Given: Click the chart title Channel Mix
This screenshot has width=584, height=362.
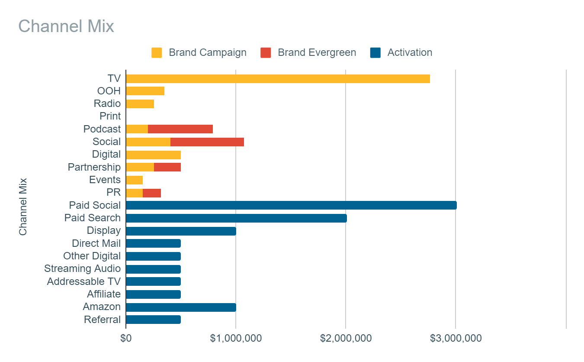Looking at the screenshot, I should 66,26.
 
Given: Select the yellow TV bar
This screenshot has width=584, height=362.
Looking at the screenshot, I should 278,78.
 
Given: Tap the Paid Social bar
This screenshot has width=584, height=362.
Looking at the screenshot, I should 291,205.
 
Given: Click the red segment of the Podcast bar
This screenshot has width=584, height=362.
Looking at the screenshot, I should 180,129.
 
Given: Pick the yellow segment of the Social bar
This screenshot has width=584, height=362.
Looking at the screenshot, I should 148,142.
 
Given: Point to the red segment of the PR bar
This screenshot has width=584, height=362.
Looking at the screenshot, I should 152,193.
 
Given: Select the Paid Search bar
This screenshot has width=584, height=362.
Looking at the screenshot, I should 236,218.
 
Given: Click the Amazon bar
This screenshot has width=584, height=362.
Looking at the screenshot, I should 181,307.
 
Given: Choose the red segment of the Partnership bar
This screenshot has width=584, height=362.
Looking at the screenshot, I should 167,167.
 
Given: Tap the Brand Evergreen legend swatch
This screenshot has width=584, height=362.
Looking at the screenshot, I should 266,53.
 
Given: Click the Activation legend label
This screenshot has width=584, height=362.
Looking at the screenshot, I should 410,52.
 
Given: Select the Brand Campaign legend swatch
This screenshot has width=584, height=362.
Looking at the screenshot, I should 157,53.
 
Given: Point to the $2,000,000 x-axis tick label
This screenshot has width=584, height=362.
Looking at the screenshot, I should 346,338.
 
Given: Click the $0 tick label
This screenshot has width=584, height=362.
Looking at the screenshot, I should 126,338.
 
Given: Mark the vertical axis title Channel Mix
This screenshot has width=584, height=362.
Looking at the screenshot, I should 23,207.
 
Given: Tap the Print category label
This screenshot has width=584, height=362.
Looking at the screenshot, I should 110,116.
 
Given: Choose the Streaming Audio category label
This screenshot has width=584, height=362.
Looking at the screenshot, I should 82,268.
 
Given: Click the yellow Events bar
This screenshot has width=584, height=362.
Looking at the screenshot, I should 134,180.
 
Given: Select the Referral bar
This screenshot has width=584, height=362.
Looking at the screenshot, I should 153,320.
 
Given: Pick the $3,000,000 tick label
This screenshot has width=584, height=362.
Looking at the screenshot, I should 456,338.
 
